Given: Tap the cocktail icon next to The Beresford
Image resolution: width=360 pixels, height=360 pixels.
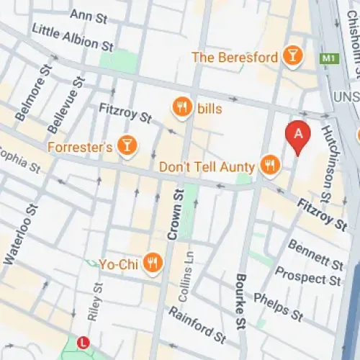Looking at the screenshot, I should (292, 55).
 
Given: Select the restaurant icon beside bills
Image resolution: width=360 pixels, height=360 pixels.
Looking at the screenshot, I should (182, 109).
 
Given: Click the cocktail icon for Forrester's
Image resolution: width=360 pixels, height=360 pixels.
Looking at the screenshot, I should (127, 146).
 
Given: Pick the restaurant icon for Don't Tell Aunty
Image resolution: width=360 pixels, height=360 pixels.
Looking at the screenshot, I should (270, 165).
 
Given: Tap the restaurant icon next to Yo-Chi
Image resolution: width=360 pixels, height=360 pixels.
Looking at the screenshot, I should (152, 264).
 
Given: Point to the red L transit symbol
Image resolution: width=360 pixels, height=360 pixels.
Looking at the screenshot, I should (84, 342).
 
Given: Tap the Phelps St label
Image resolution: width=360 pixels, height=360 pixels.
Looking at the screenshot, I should (277, 305).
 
